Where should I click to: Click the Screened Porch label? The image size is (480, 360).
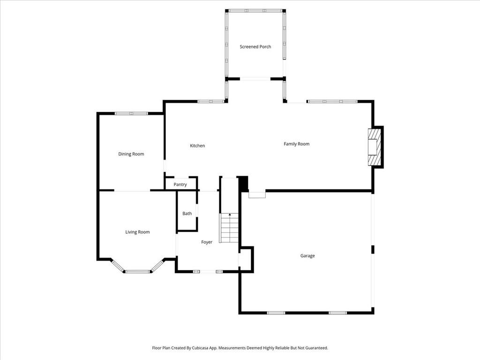255,47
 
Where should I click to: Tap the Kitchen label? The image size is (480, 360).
197,146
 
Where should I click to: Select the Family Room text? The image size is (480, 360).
296,144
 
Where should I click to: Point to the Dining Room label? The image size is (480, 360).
131,154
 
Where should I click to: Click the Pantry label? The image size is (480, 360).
180,185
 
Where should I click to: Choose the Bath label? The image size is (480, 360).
187,213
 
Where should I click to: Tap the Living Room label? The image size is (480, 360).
137,232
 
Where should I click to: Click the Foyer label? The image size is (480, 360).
207,242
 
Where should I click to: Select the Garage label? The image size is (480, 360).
307,256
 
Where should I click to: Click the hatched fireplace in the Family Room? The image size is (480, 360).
375,148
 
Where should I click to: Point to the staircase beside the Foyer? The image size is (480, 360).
229,228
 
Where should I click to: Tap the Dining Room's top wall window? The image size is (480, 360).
131,113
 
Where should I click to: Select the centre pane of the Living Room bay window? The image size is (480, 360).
137,271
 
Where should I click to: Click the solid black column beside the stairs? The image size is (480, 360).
243,184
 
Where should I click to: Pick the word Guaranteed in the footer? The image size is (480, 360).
318,348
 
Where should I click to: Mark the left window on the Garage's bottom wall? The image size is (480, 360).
276,313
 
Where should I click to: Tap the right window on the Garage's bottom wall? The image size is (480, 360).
337,313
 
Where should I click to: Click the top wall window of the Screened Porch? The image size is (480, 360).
256,11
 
